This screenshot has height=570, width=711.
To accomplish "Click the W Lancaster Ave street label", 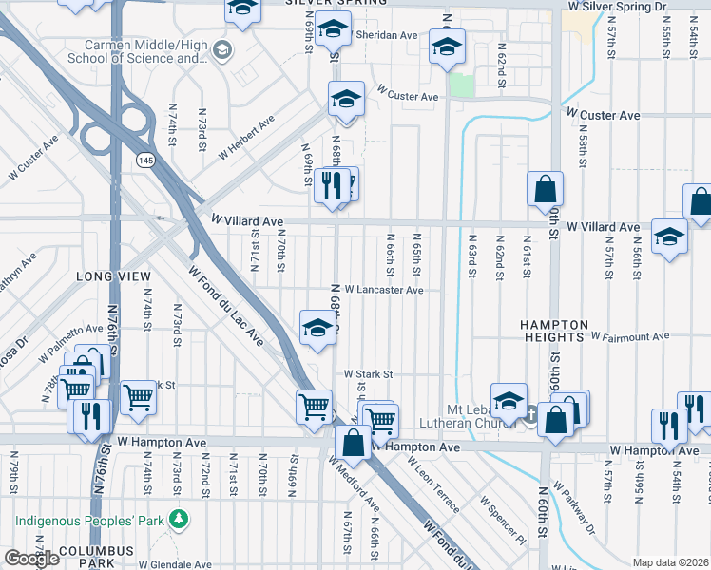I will (383, 290).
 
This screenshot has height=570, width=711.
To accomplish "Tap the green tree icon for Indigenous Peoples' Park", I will (177, 520).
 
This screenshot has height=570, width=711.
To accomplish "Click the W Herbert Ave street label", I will (246, 137).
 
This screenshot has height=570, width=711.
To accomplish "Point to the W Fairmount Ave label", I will (629, 336).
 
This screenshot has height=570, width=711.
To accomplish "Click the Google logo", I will (31, 559).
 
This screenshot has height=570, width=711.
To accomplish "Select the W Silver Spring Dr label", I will (627, 6).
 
